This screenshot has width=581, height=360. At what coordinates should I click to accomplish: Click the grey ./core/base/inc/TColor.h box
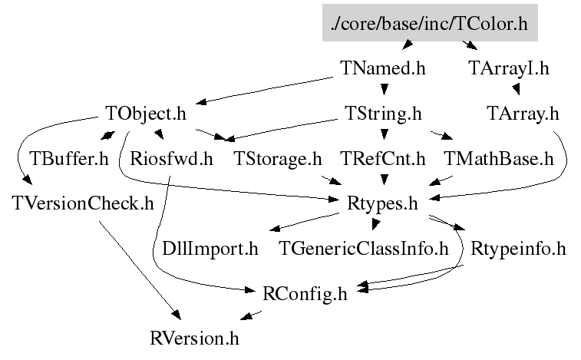pos(429,24)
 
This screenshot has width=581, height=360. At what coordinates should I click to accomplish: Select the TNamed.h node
pos(381,68)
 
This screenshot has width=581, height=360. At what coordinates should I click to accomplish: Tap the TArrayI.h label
pos(508,68)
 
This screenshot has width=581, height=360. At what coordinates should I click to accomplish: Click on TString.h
pos(380,114)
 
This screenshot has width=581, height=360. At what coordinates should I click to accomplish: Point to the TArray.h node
pos(523,114)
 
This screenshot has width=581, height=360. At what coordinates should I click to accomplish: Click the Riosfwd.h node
pos(170,160)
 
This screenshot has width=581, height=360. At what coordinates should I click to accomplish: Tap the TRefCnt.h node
pos(381,160)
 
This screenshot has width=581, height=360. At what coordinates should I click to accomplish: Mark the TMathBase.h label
pos(498,160)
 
